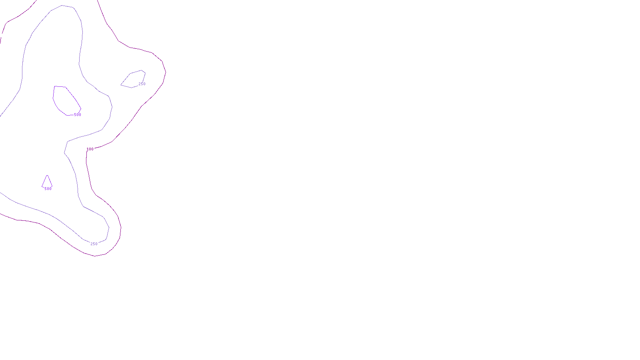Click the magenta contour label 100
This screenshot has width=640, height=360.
tap(90, 149)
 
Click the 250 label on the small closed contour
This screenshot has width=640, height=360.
tap(142, 84)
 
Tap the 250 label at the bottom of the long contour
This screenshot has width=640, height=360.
tap(94, 244)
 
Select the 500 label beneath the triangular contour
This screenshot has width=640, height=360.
tap(48, 189)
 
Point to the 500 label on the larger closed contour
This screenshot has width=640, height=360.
tap(78, 115)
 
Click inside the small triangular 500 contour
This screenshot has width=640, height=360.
tap(47, 182)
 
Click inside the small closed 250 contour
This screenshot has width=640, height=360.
tap(134, 79)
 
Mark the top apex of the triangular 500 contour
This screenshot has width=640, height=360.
tap(47, 175)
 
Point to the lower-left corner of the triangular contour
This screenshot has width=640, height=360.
tap(42, 186)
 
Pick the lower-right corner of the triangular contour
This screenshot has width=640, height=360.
tap(52, 186)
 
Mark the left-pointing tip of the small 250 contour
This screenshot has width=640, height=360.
tap(121, 85)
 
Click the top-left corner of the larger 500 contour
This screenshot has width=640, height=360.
tap(55, 86)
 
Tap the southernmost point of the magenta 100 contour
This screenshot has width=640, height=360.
tap(95, 256)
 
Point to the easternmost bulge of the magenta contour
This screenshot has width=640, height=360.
tap(166, 72)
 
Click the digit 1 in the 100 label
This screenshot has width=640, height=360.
tap(88, 149)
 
